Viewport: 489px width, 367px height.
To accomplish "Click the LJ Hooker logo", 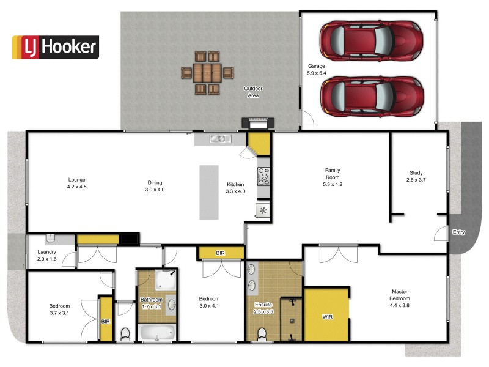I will [55, 46].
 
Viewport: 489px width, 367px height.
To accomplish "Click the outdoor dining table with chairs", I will [207, 73].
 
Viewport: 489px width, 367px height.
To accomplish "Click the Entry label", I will [458, 232].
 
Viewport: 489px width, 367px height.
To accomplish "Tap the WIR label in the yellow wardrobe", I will [328, 317].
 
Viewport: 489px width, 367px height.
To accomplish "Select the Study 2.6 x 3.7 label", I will [415, 177].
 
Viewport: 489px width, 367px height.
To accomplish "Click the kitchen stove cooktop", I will [264, 176].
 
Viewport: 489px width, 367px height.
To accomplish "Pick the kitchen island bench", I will [208, 192].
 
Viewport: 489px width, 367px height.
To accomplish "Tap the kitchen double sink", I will [218, 139].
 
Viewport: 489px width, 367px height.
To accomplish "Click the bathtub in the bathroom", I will [156, 333].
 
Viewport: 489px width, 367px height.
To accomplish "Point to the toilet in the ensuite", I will [262, 333].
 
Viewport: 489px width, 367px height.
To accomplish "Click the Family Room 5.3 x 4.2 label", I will [333, 177].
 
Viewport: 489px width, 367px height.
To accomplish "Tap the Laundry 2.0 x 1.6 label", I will [48, 255].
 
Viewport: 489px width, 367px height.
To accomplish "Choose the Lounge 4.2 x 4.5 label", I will [77, 183].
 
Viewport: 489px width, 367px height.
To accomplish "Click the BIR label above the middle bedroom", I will [221, 252].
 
